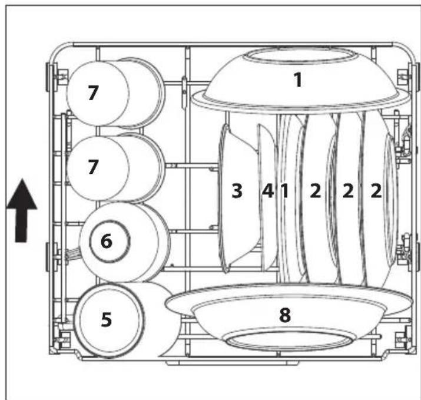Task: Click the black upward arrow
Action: [22, 214]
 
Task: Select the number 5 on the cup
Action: [106, 319]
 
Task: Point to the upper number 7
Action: [93, 94]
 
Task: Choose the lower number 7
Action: [92, 167]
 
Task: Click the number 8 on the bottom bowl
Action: [285, 315]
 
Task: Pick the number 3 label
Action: [237, 191]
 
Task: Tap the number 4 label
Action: [268, 191]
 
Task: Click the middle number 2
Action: [347, 191]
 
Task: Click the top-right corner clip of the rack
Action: [404, 77]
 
